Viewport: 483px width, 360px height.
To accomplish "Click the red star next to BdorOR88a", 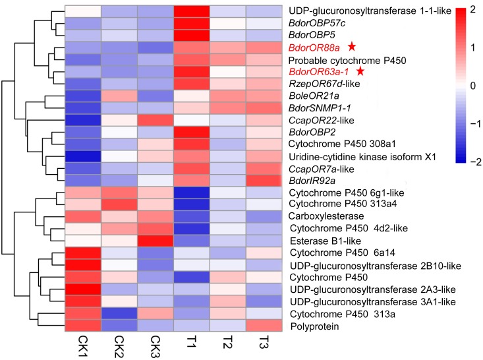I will coord(353,47).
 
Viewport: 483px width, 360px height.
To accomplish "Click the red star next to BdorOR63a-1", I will coord(360,71).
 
